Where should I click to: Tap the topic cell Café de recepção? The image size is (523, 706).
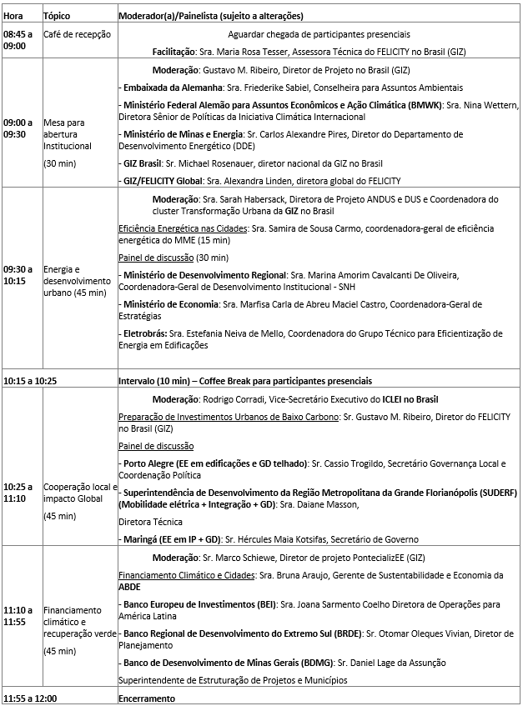(77, 35)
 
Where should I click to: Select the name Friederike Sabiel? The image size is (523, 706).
(260, 88)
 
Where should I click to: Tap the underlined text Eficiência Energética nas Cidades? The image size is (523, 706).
(183, 227)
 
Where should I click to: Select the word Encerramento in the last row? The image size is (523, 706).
(148, 698)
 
